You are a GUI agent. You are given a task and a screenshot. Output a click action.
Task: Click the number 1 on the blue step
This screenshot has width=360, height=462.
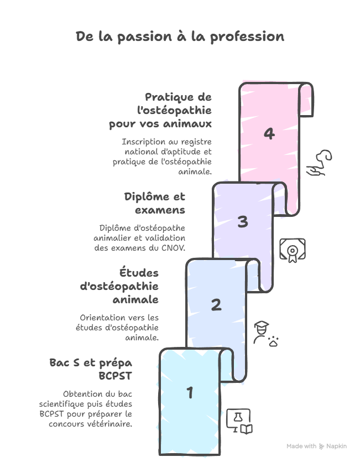(190, 393)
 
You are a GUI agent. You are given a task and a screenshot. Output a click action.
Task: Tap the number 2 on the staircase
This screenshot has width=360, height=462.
(216, 305)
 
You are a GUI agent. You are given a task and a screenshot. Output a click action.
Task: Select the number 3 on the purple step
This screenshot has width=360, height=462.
(243, 222)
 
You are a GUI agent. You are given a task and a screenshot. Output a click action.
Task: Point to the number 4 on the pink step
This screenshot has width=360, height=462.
(269, 134)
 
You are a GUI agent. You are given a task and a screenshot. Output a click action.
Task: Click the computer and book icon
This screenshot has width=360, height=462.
(240, 421)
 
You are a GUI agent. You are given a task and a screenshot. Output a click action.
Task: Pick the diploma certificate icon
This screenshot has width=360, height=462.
(293, 251)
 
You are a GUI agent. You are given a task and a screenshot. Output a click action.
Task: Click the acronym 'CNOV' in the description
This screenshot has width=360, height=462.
(174, 247)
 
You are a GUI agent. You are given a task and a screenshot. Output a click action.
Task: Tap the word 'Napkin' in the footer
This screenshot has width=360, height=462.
(336, 446)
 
